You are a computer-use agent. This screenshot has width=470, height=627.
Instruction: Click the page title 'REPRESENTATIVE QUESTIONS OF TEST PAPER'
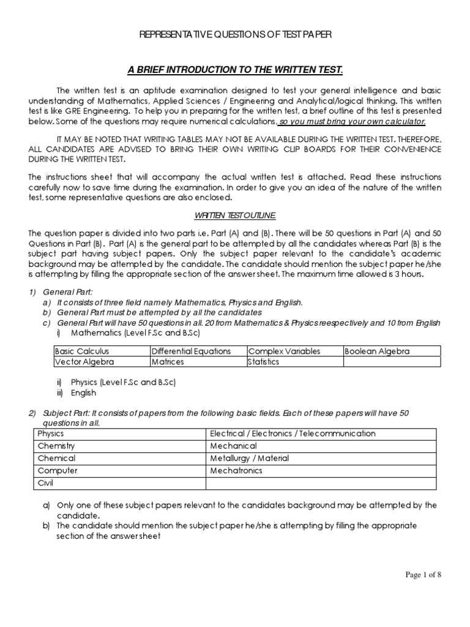coord(236,36)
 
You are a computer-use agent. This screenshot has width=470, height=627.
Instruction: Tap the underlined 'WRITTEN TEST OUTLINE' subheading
coord(235,215)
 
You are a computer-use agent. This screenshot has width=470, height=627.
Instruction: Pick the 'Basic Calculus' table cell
coord(80,351)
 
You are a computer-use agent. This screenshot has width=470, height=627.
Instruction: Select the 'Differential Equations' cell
coord(191,351)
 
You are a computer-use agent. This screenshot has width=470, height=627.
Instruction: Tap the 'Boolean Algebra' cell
coord(377,351)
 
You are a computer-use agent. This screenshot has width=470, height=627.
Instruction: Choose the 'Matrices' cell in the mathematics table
coord(168,362)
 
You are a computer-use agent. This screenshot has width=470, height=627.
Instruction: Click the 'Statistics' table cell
coord(264,362)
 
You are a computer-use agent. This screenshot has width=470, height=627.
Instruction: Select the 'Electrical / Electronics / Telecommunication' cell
coord(293,434)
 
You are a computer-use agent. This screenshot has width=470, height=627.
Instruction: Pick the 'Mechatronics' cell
coord(236,470)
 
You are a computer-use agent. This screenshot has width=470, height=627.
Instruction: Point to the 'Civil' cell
coord(47,483)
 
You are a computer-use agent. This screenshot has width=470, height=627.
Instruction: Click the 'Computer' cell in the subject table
coord(57,470)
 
